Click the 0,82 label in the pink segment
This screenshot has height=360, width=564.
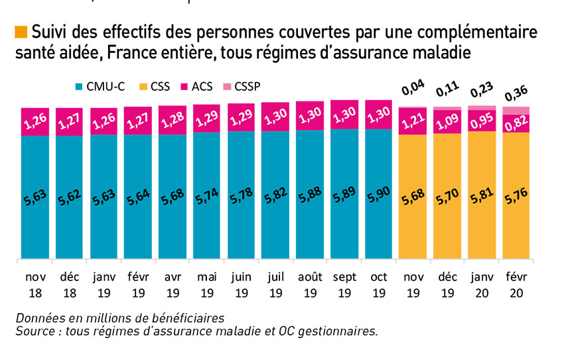516,122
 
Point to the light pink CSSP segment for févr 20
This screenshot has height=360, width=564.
516,109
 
